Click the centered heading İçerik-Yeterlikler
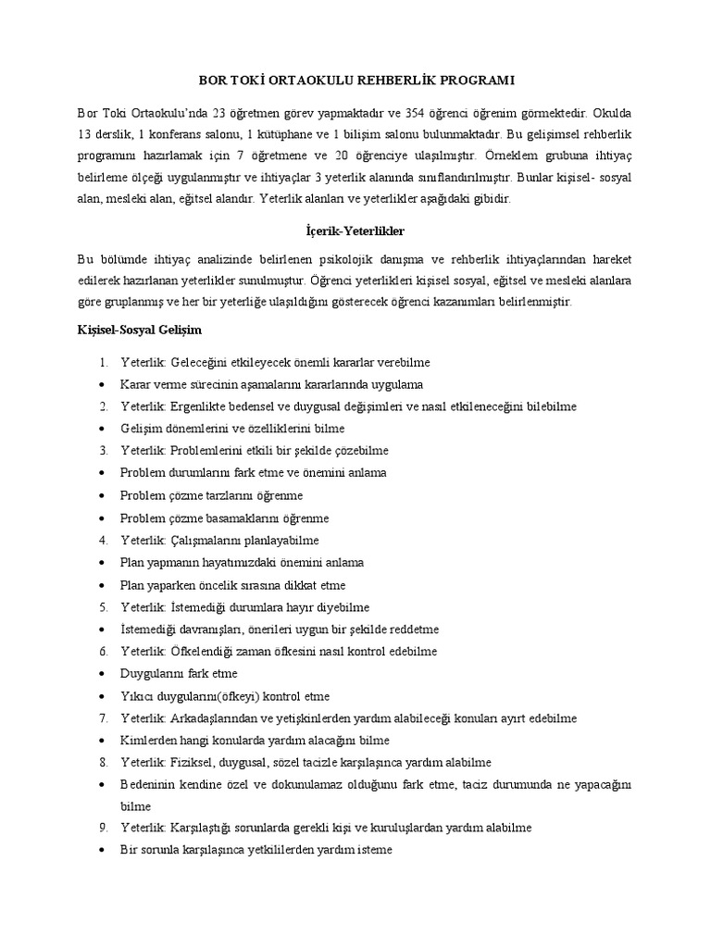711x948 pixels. click(x=355, y=227)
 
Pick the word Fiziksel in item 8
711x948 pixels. click(x=192, y=763)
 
